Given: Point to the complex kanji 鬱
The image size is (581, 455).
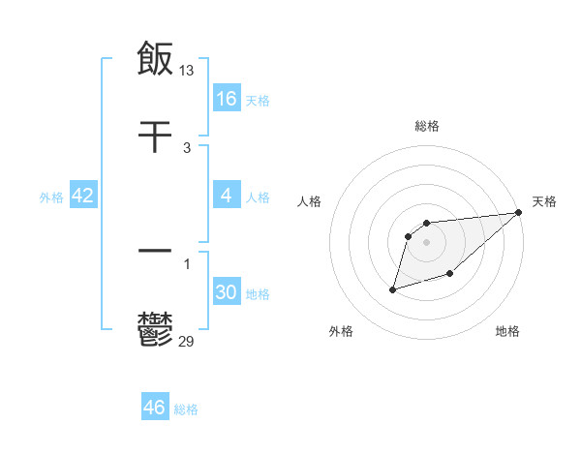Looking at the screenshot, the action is coord(155,329).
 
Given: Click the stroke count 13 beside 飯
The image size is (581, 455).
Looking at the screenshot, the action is coord(188,70).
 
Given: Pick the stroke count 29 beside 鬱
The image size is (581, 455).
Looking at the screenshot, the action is coord(187,341).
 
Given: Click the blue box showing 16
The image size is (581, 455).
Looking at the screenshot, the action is coord(227,99).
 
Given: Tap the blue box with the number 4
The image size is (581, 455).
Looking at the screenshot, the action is coord(227,197).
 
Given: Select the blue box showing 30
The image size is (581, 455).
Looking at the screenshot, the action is coord(227,293).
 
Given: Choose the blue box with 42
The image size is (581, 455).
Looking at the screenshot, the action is coord(83,197).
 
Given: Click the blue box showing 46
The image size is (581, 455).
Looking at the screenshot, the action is coord(154,409).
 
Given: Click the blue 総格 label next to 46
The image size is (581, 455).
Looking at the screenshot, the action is coord(186,409).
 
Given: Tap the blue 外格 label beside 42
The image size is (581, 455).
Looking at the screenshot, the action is coord(51,197).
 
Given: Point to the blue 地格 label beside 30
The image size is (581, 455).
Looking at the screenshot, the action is coord(258,294).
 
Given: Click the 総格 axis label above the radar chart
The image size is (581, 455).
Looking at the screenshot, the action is coord(426,126).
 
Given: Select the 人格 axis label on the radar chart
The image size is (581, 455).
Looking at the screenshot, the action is coord(310,201).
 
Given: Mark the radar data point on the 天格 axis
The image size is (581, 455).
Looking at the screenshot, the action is coord(520,213).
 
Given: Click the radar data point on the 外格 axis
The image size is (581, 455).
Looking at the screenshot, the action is coord(392,288).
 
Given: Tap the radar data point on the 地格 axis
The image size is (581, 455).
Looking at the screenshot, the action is coord(449,275).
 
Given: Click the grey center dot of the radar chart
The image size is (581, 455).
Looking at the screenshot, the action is coord(426,242).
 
